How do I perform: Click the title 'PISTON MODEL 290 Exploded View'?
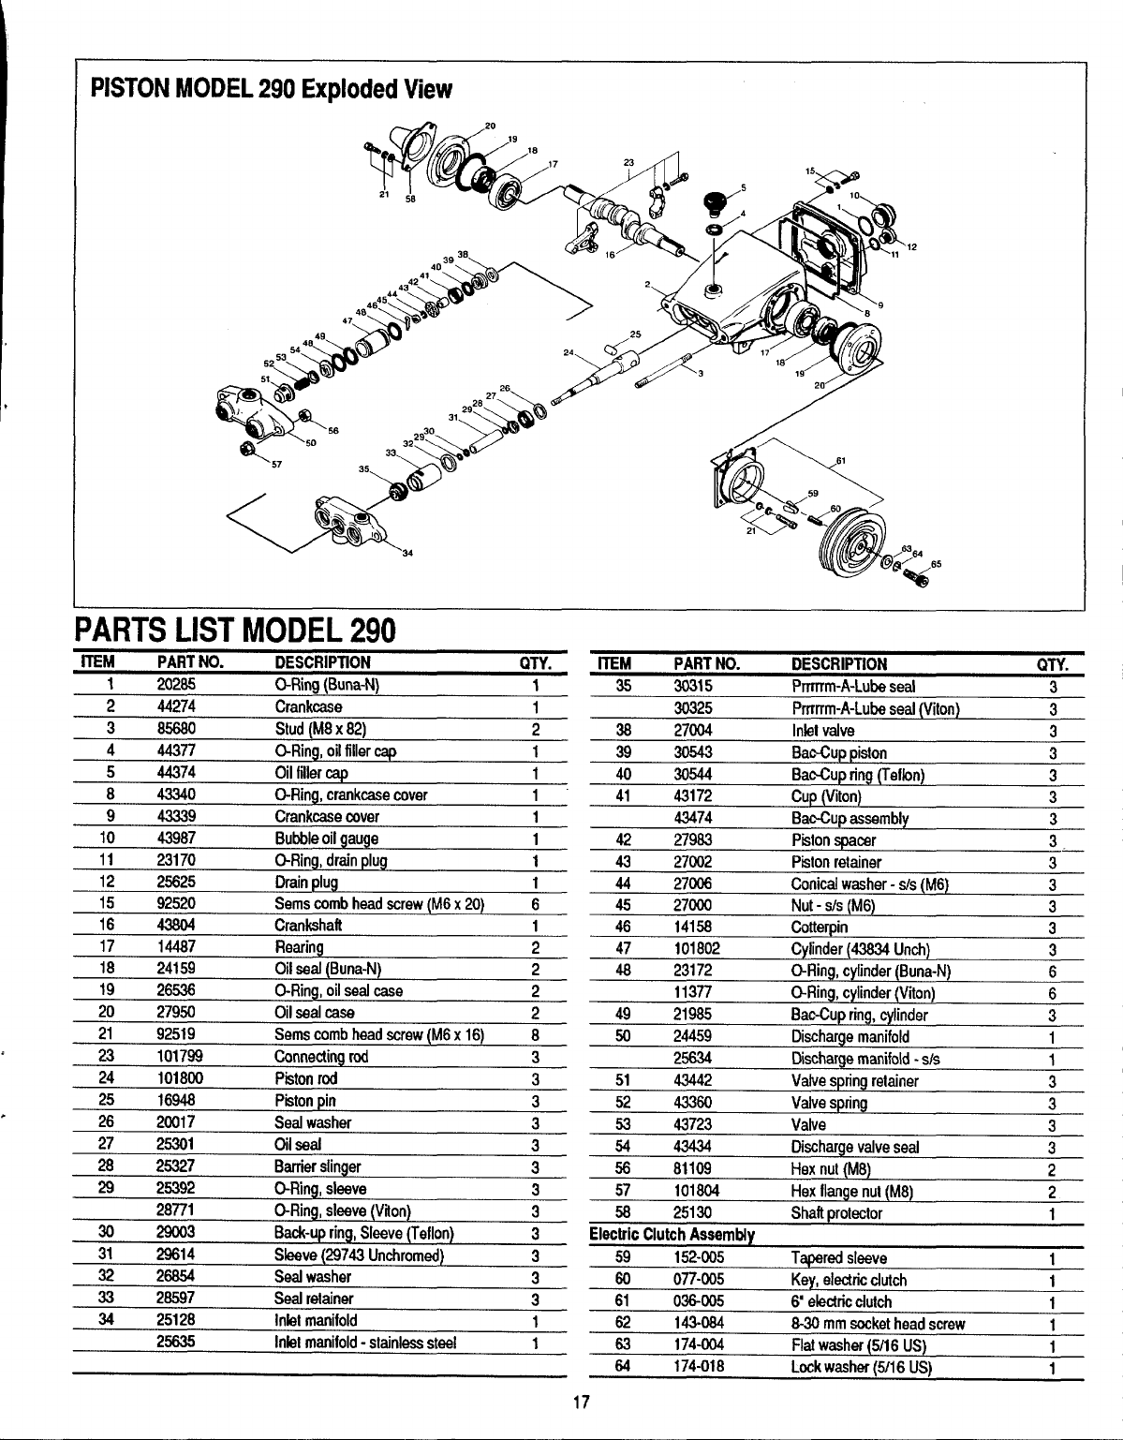click(271, 90)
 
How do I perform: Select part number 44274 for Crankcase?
click(176, 706)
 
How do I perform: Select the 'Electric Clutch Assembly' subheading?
click(672, 1235)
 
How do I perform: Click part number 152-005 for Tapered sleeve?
click(699, 1257)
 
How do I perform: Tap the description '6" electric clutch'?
click(841, 1301)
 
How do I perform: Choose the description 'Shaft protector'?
click(836, 1213)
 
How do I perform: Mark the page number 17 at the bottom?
click(579, 1402)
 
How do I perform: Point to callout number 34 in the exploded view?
click(407, 552)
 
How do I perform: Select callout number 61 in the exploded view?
click(840, 461)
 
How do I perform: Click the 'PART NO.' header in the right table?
click(707, 664)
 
